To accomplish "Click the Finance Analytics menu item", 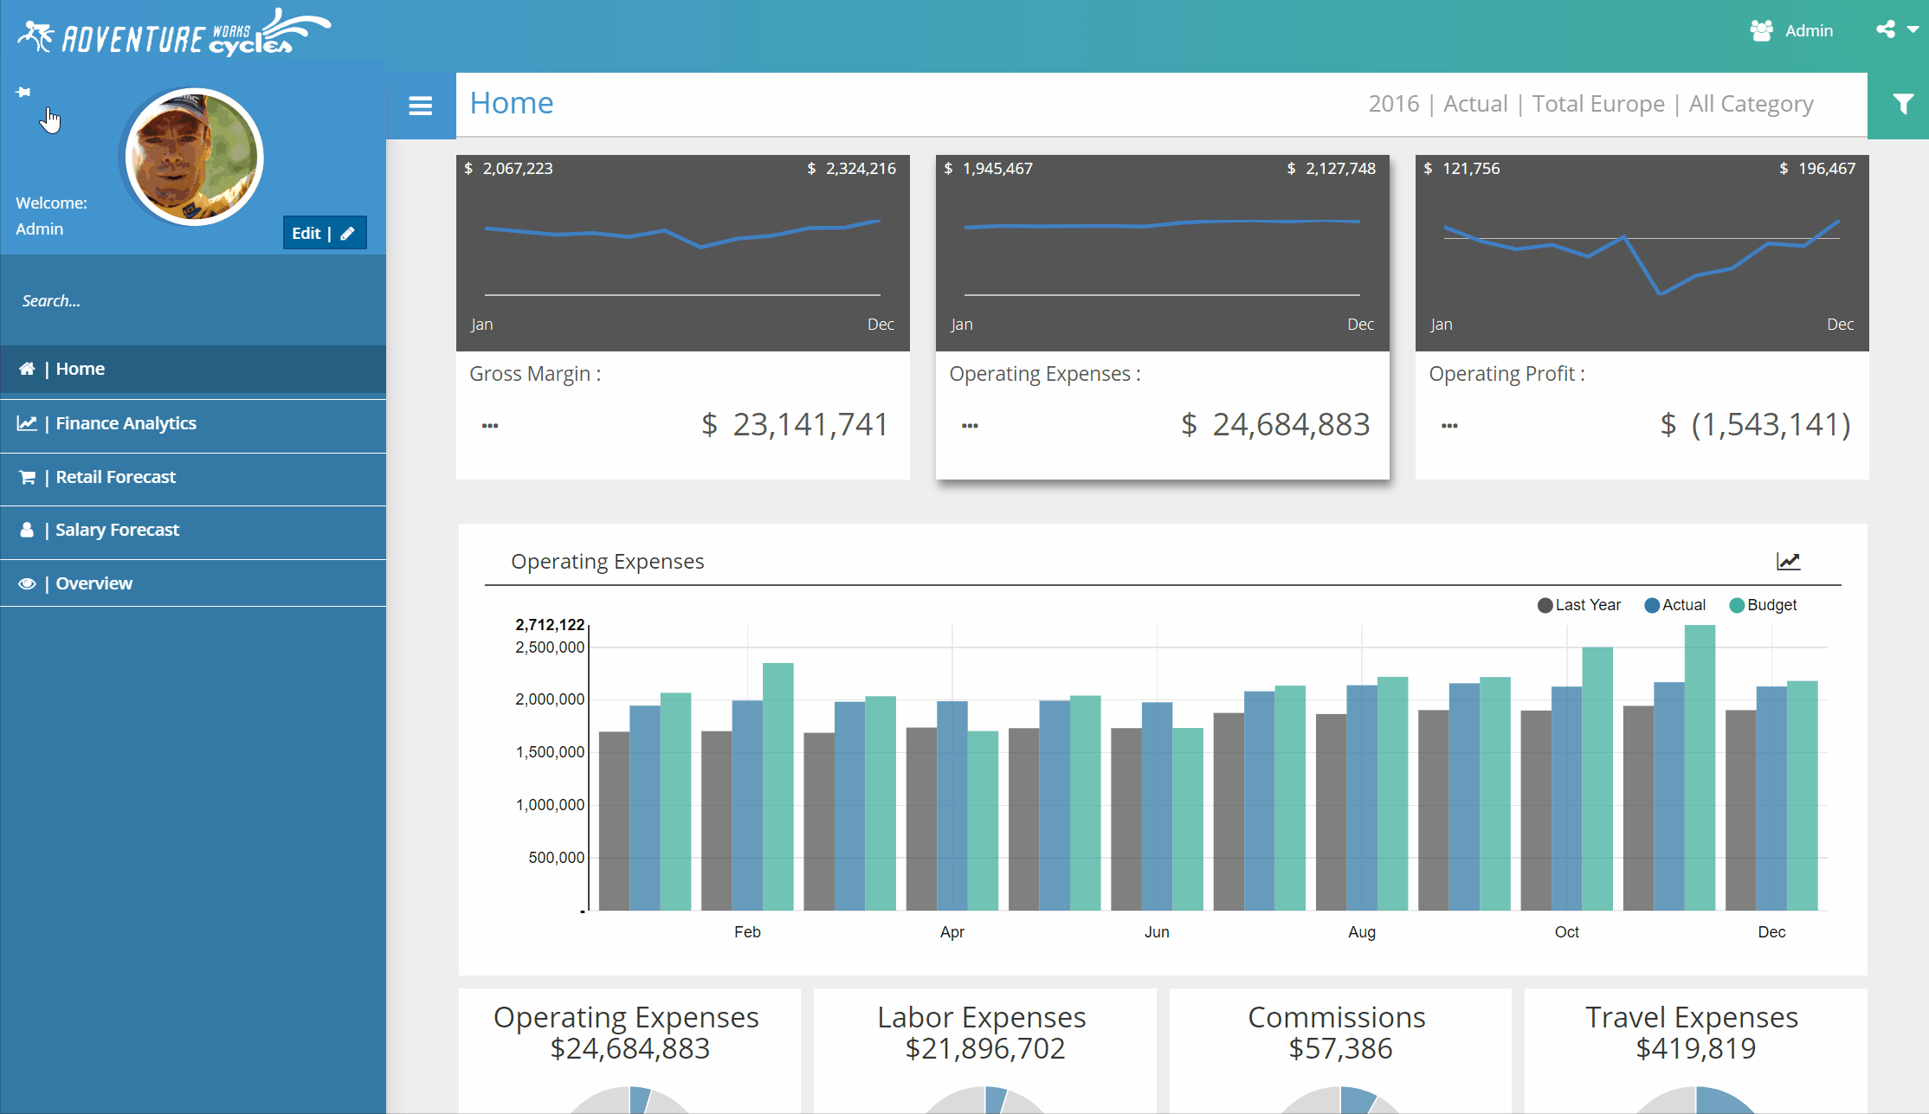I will [x=126, y=423].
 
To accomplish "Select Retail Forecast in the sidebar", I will [x=115, y=477].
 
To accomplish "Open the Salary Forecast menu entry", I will [x=117, y=530].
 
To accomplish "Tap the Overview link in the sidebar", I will [x=94, y=583].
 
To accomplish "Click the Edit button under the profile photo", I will [x=324, y=233].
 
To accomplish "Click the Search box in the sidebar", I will [x=173, y=300].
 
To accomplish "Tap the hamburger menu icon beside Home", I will [x=421, y=106].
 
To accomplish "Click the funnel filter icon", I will [x=1902, y=105].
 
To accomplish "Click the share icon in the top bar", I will [x=1886, y=29].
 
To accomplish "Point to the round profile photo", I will [x=193, y=158].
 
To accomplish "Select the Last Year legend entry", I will [x=1579, y=605].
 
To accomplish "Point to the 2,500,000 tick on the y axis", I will [x=550, y=647].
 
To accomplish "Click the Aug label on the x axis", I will [x=1361, y=932].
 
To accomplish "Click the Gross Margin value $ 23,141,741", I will [x=795, y=424].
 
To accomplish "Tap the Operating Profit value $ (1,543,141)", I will [x=1756, y=424].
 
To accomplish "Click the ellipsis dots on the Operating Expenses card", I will [x=970, y=426].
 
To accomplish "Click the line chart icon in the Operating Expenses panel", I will [x=1788, y=561].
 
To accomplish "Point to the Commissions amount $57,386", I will [x=1340, y=1048].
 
